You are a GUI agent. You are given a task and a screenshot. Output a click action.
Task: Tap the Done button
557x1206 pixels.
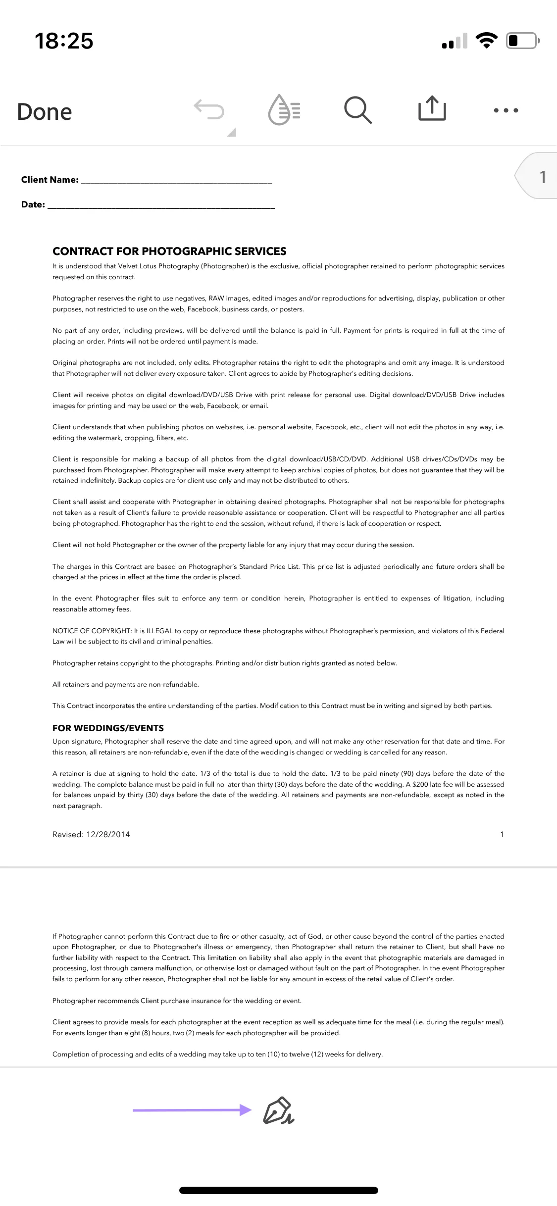point(45,112)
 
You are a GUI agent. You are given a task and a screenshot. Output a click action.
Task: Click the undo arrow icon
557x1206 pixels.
point(209,109)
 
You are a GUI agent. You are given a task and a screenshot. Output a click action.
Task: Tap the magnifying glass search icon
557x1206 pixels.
point(357,109)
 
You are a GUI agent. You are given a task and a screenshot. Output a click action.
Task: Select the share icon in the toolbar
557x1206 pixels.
point(432,108)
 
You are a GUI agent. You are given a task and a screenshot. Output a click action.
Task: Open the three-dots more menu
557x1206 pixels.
point(506,110)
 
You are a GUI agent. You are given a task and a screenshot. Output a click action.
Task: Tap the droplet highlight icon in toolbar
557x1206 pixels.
point(284,109)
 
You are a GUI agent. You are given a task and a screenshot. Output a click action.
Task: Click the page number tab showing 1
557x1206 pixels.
point(540,177)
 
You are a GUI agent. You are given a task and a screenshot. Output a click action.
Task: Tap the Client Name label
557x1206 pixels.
point(50,180)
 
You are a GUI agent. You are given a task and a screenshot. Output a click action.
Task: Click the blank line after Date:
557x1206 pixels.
point(161,205)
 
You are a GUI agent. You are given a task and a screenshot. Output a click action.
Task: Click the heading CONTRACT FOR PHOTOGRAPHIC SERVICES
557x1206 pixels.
point(169,251)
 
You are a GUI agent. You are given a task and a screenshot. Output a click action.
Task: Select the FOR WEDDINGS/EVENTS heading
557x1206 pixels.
point(108,728)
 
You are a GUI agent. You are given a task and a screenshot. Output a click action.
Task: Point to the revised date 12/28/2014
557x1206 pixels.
point(108,834)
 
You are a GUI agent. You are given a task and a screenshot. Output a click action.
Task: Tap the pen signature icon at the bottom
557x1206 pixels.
point(278,1110)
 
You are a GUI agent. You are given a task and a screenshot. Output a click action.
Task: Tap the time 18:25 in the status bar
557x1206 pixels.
point(64,41)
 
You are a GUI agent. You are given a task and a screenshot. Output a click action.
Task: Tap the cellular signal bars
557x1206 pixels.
point(455,42)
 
